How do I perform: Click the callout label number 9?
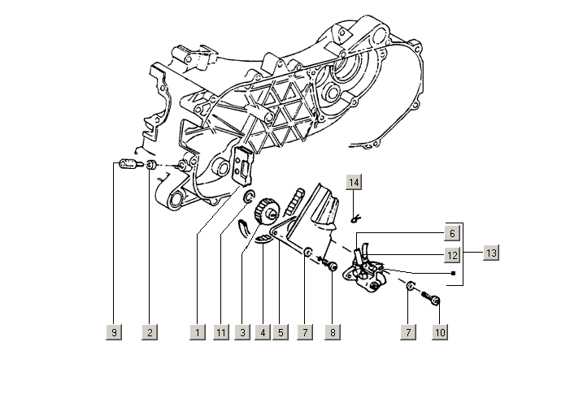coord(114,332)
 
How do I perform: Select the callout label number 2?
coord(148,332)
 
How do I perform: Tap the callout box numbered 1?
coord(197,332)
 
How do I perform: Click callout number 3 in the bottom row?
coord(242,332)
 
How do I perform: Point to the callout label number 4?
coord(262,332)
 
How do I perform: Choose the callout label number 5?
coord(281,332)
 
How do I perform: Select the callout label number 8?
coord(332,332)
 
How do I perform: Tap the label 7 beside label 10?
coord(411,332)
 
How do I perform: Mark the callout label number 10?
coord(440,332)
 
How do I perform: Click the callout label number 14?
coord(354,182)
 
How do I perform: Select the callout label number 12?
coord(453,256)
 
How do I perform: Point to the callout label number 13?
coord(490,253)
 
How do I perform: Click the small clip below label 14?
coord(354,218)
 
